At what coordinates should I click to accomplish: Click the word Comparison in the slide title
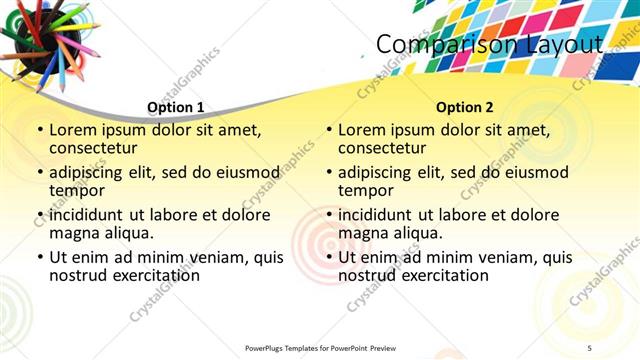tap(441, 45)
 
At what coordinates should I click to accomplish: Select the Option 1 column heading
tap(176, 107)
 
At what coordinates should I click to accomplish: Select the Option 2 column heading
tap(465, 107)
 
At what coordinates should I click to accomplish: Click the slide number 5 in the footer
tap(589, 347)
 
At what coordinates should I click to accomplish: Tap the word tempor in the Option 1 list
tap(76, 190)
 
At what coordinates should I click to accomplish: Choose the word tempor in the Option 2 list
tap(365, 190)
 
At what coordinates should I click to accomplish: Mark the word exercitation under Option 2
tap(440, 275)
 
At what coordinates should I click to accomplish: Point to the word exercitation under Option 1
tap(151, 275)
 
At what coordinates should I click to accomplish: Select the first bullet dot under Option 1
tap(40, 130)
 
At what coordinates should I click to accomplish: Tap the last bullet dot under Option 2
tap(329, 258)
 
